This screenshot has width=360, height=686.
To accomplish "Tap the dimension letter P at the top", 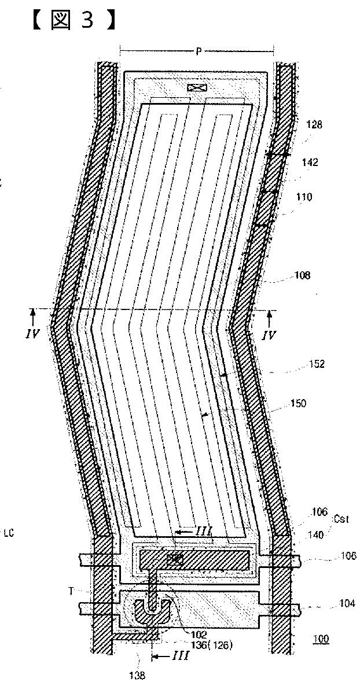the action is tap(198, 52).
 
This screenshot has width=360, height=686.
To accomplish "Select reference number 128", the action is tap(315, 124).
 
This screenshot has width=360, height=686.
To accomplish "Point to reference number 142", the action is tap(310, 163).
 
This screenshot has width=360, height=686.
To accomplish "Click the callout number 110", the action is tap(304, 197).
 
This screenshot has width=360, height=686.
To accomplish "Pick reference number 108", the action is tap(302, 275).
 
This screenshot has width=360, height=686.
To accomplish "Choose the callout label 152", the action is tap(317, 364).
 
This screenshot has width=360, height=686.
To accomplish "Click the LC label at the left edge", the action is tap(8, 533).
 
